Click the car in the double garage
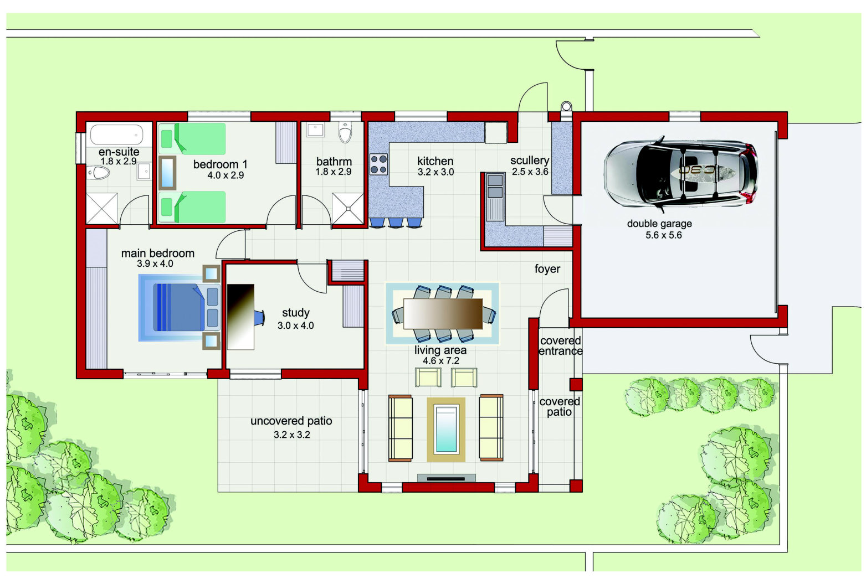tap(680, 174)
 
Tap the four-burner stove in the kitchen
tap(378, 164)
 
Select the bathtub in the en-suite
tap(117, 135)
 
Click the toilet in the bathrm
tap(345, 132)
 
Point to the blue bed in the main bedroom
tap(180, 308)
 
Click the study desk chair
tap(259, 318)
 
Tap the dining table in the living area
tap(443, 314)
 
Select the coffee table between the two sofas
tap(446, 429)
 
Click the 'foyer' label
tap(547, 269)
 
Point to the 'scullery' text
tap(530, 161)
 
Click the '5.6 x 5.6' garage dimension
tap(663, 235)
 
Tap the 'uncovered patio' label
tap(291, 421)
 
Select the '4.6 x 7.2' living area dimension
tap(440, 361)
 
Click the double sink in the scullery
tap(495, 186)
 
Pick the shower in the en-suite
tap(102, 208)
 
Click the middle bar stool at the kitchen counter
tap(396, 223)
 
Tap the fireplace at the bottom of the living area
tap(446, 478)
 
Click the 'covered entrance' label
tap(560, 345)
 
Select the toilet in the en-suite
tap(98, 173)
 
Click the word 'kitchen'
tap(435, 161)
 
